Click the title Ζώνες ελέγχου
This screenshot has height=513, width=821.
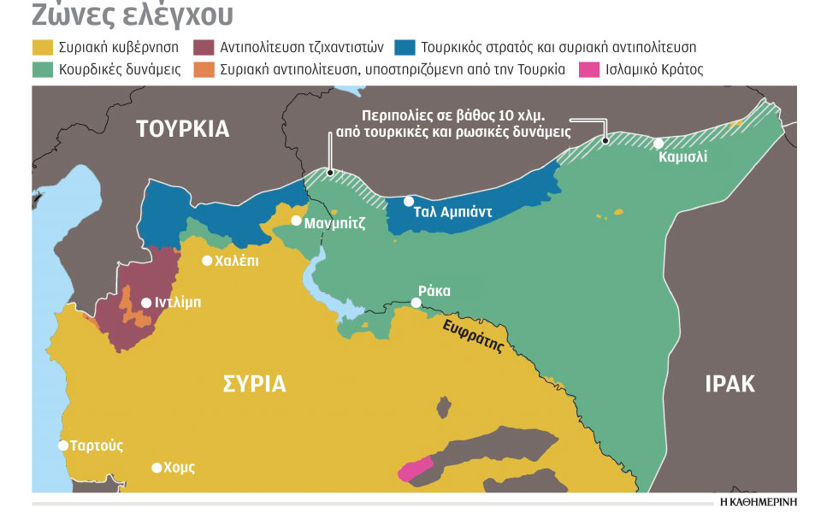(x=133, y=16)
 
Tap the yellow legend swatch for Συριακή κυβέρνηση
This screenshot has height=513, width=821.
(x=44, y=48)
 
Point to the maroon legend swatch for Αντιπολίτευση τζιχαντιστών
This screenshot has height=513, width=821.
(x=204, y=48)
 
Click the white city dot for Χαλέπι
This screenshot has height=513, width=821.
(x=207, y=261)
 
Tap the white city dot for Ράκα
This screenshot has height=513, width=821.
(x=416, y=303)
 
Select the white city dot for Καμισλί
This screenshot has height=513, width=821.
(x=659, y=144)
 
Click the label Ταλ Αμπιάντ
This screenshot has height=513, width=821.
(x=452, y=213)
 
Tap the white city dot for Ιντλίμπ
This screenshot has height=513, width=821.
(x=145, y=303)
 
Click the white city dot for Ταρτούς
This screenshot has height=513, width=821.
(x=63, y=445)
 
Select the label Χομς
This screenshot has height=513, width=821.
(x=180, y=468)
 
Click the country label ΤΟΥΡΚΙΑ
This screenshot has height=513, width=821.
(x=183, y=129)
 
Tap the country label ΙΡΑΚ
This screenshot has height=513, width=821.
(x=729, y=383)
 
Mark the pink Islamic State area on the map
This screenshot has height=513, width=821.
(x=416, y=469)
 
